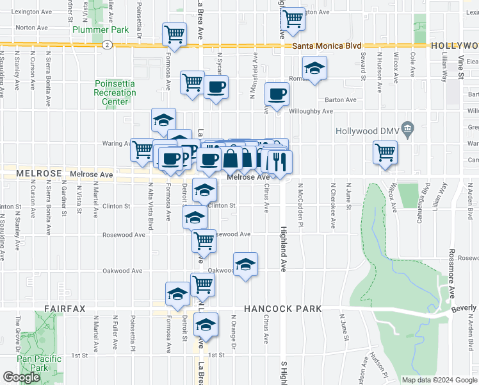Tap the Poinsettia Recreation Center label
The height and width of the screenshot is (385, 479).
115,92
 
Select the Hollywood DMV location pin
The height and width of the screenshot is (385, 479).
407,131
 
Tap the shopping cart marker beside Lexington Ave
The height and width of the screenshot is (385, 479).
292,19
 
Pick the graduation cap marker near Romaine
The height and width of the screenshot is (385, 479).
314,69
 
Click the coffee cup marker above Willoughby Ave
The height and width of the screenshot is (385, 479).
277,95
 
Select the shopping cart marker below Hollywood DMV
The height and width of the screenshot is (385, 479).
385,153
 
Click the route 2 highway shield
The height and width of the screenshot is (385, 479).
107,45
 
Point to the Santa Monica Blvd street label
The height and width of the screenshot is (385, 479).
327,46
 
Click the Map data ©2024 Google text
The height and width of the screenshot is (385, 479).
439,379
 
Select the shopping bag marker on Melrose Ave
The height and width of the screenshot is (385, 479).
231,158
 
